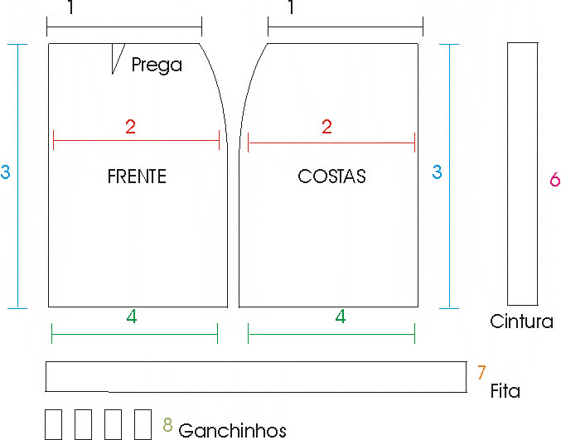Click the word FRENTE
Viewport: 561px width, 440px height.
[137, 176]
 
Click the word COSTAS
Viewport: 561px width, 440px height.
[331, 176]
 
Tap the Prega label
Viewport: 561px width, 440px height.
[157, 65]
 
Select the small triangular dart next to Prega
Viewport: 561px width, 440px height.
[117, 56]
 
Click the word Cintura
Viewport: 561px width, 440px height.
[521, 322]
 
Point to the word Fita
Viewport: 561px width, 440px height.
[505, 390]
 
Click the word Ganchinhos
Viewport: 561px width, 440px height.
[232, 430]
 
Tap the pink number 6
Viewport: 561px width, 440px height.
[555, 179]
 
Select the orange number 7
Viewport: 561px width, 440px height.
[481, 372]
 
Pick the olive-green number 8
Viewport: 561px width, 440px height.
[167, 424]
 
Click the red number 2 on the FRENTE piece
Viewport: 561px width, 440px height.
[130, 127]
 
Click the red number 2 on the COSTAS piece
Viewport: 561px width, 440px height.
[326, 127]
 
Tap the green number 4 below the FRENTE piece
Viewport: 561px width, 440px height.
[132, 317]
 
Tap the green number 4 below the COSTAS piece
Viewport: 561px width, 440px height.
[341, 317]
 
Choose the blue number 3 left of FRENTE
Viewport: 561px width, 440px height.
[5, 172]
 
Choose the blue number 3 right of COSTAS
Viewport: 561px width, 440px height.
[437, 172]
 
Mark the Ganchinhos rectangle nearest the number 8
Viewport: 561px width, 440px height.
[143, 424]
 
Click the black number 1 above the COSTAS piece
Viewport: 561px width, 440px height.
[291, 7]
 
